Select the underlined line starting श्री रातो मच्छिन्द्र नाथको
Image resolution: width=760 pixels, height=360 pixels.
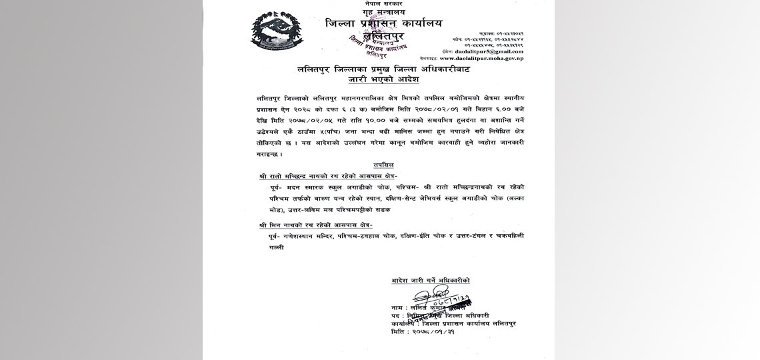(324, 177)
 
